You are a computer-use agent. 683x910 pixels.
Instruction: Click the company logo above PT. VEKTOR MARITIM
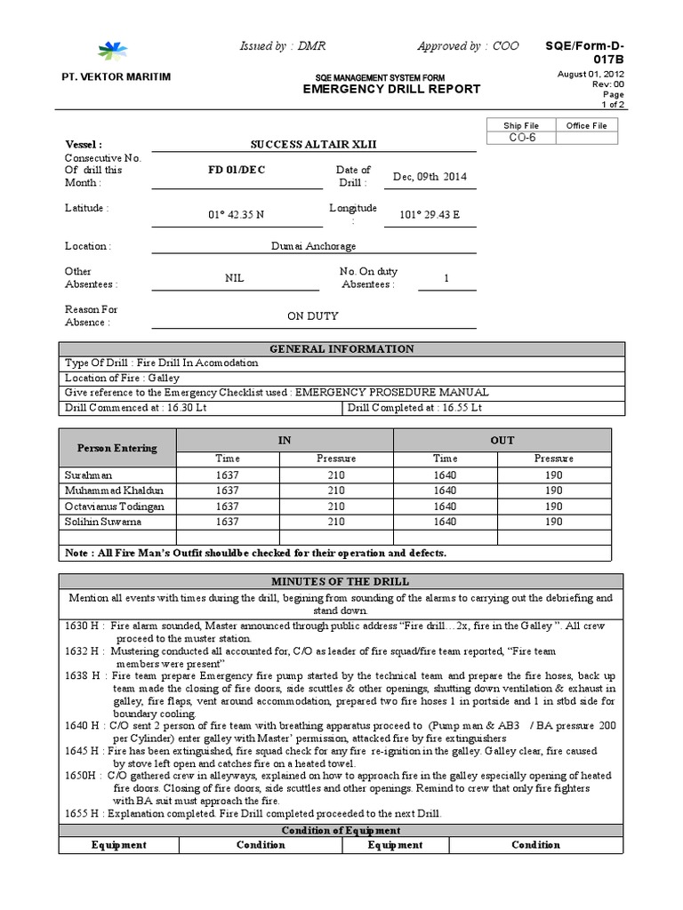tap(113, 51)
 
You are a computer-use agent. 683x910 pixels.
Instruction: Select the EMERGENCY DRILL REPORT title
tap(391, 89)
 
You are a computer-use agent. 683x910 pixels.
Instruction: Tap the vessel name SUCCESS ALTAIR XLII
tap(307, 144)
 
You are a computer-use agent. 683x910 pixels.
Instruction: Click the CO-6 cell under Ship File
tap(520, 139)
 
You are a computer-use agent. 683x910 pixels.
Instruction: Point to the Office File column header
tap(586, 125)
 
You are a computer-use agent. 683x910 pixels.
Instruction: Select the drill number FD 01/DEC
tap(236, 170)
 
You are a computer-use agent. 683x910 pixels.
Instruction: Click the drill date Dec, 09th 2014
tap(430, 176)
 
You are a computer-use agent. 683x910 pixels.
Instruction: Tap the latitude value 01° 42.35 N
tap(236, 214)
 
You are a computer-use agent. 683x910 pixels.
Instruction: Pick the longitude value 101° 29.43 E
tap(430, 214)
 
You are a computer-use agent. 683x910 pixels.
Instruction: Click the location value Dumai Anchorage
tap(313, 246)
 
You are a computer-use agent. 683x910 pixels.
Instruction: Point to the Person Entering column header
tap(117, 448)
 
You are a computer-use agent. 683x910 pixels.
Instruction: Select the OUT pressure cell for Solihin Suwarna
tap(553, 522)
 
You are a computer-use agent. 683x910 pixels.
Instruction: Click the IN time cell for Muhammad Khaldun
tap(228, 491)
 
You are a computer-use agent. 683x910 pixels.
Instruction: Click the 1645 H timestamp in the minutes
tap(82, 751)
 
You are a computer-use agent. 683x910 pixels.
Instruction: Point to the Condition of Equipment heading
tap(341, 830)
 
